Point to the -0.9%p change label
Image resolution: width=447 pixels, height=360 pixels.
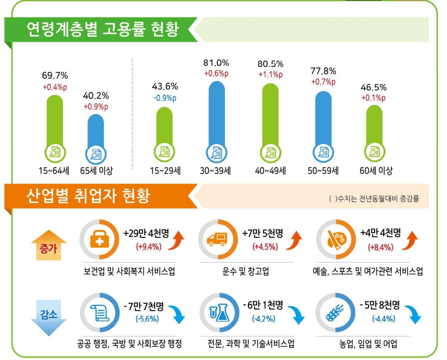165,97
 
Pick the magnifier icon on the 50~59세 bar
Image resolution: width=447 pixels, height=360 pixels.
323,152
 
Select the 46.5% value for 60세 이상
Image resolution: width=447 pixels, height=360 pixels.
374,87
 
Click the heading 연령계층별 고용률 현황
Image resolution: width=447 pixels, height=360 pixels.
103,29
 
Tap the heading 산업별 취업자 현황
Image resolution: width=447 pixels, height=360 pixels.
89,196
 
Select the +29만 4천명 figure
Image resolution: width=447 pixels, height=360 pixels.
145,234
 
